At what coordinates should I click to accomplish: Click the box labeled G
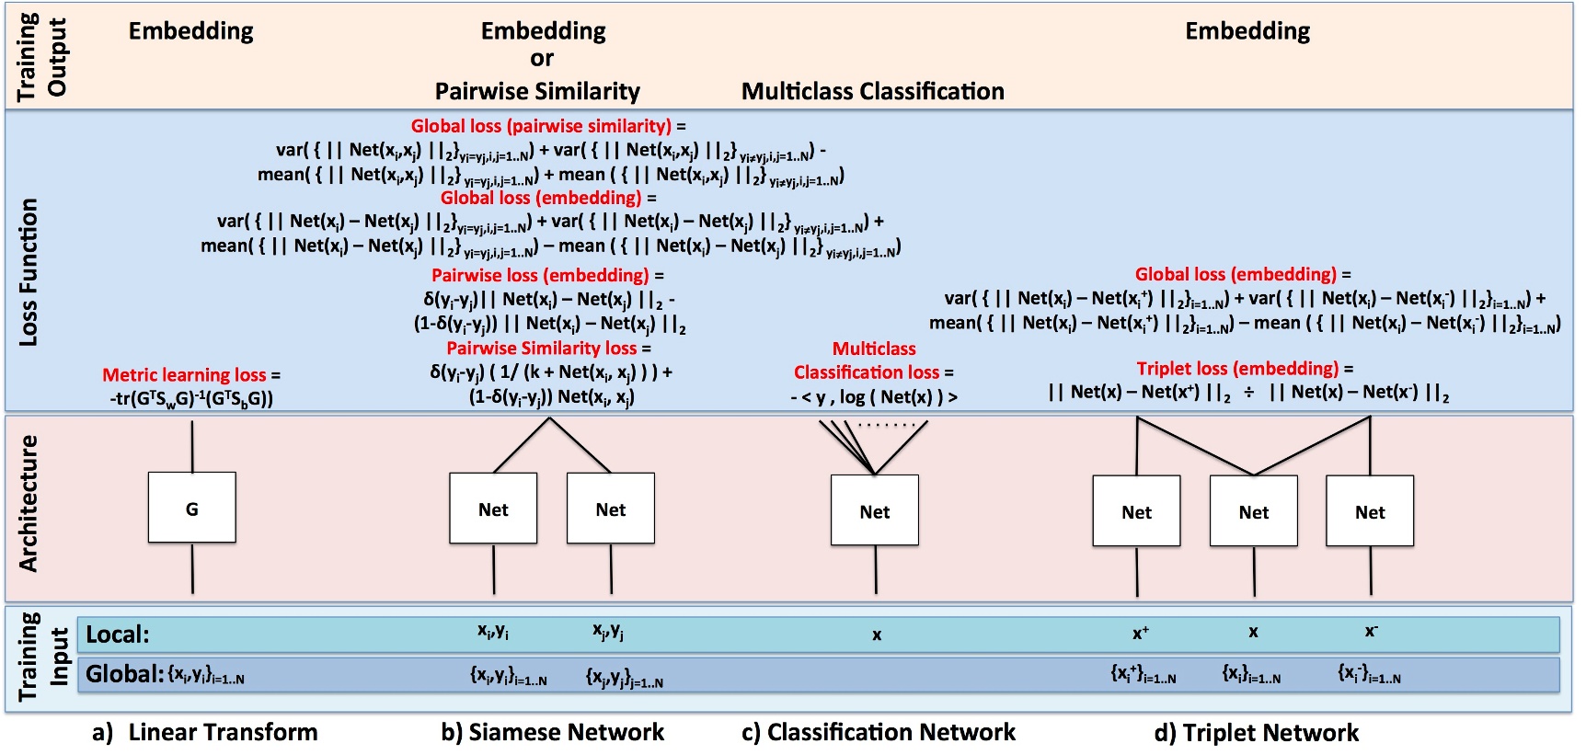(191, 508)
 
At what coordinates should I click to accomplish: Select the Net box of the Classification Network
(874, 511)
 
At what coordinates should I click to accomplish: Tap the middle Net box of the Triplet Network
(1253, 511)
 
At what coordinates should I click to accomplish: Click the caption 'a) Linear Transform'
(205, 732)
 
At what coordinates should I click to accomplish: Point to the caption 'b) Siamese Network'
(552, 732)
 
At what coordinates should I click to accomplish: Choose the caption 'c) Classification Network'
(878, 732)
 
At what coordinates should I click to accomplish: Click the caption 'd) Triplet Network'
(1256, 732)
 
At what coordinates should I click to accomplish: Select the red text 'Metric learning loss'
(184, 374)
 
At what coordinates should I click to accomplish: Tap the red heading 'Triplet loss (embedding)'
(1237, 369)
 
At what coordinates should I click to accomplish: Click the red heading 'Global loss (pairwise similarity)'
(541, 126)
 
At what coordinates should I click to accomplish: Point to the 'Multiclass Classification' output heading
(872, 91)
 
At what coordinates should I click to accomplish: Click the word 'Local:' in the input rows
(117, 635)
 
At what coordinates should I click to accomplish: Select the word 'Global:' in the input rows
(124, 674)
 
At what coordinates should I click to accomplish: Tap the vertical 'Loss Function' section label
(29, 272)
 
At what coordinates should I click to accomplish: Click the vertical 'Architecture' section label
(29, 504)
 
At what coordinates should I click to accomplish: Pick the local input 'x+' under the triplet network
(1140, 633)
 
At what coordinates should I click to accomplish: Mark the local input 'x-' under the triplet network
(1371, 632)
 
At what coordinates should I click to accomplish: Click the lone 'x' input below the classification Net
(877, 635)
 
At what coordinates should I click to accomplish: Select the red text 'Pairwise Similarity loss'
(541, 348)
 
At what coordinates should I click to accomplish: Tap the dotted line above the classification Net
(887, 425)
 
